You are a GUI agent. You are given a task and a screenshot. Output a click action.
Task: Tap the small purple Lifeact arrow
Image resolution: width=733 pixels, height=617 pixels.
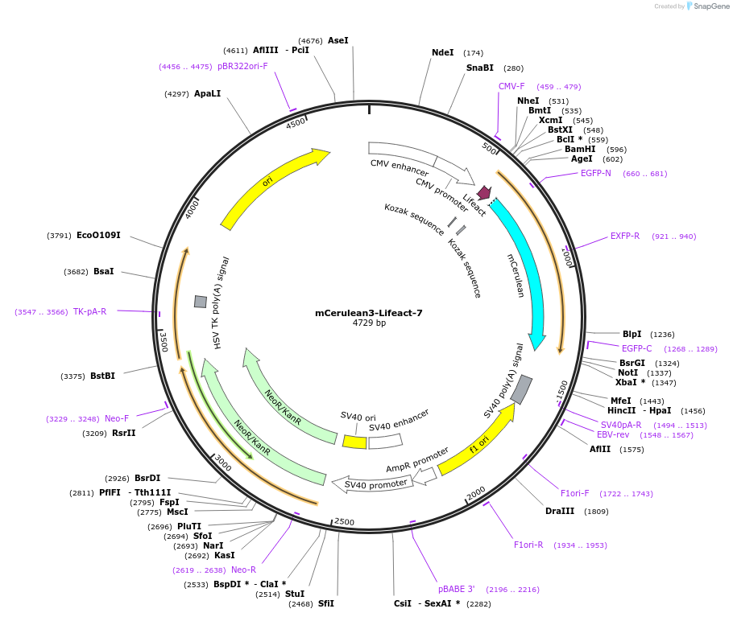[484, 193]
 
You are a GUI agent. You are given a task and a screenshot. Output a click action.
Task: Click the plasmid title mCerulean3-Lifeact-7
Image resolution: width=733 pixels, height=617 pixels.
[369, 313]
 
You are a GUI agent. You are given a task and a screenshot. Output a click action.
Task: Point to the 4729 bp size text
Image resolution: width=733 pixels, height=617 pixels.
[369, 323]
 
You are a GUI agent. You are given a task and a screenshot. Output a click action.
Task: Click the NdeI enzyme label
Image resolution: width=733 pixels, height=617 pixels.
[442, 53]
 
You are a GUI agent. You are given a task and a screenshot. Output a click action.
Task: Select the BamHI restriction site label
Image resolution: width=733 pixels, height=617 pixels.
[580, 149]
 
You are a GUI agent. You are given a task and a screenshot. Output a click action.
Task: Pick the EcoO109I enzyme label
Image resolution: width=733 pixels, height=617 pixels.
[98, 236]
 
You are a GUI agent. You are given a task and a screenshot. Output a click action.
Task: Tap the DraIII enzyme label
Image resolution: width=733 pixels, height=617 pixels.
[560, 511]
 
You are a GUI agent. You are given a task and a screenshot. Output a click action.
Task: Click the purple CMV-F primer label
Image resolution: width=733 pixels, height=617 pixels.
[511, 87]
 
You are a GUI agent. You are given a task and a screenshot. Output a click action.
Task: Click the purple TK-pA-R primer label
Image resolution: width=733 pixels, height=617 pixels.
[89, 312]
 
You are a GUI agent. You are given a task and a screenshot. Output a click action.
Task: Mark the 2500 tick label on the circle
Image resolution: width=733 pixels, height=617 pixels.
[344, 522]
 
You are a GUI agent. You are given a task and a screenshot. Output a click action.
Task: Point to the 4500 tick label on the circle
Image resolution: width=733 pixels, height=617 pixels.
[296, 123]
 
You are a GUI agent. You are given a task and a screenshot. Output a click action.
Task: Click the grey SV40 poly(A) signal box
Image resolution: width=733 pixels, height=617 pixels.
[521, 389]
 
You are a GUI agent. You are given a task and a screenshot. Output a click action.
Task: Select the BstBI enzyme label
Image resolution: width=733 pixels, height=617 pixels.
[102, 376]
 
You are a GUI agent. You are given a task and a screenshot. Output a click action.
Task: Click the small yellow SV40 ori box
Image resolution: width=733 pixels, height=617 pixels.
[354, 442]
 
